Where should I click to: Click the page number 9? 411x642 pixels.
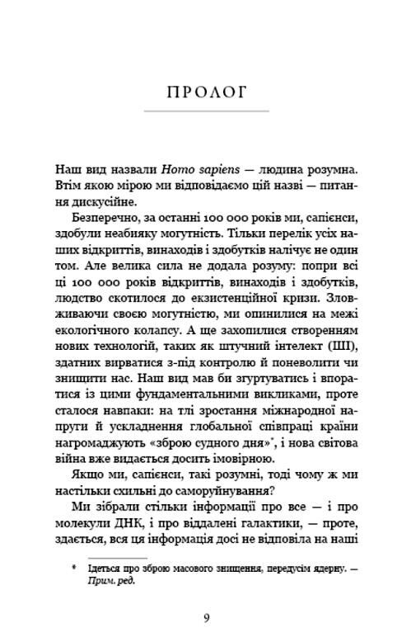(x=205, y=617)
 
